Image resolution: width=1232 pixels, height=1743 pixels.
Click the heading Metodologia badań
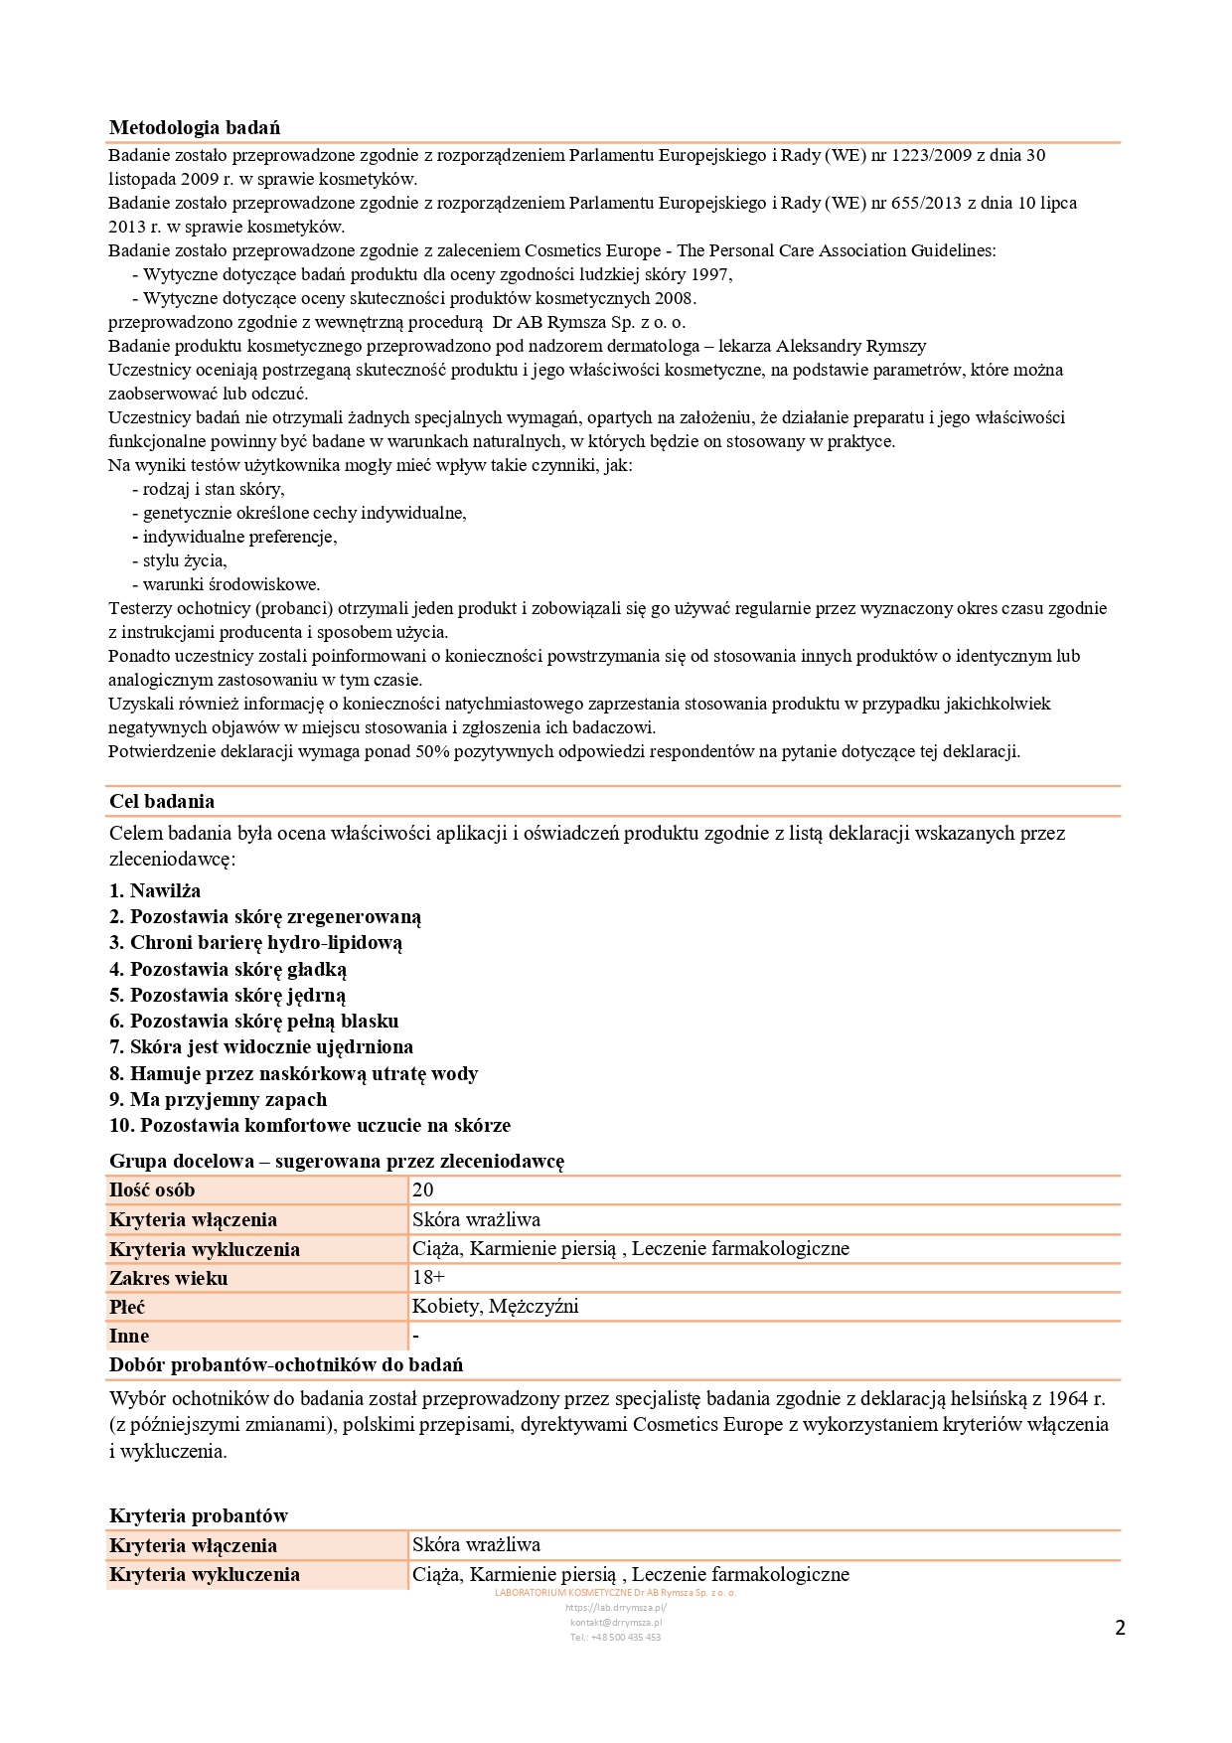point(195,127)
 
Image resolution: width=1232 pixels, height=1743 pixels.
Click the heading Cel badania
point(162,801)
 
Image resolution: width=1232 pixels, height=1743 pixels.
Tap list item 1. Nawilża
point(155,890)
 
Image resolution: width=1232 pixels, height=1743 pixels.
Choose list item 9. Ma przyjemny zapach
point(218,1099)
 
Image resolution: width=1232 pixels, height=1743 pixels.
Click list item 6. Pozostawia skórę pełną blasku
point(253,1021)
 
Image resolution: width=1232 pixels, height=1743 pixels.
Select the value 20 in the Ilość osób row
point(423,1189)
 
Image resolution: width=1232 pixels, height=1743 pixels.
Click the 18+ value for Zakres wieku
point(428,1277)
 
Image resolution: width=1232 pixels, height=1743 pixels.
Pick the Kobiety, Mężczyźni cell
point(495,1306)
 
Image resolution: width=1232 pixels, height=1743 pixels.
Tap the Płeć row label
point(127,1307)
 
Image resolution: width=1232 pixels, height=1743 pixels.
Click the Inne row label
point(129,1336)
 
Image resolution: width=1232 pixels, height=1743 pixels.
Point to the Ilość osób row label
point(152,1189)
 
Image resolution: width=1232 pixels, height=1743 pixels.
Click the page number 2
point(1120,1628)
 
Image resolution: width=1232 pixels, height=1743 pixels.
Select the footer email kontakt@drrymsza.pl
point(616,1622)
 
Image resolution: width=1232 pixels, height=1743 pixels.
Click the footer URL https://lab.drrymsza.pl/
point(616,1607)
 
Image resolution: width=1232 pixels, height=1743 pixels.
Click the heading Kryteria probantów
point(199,1515)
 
